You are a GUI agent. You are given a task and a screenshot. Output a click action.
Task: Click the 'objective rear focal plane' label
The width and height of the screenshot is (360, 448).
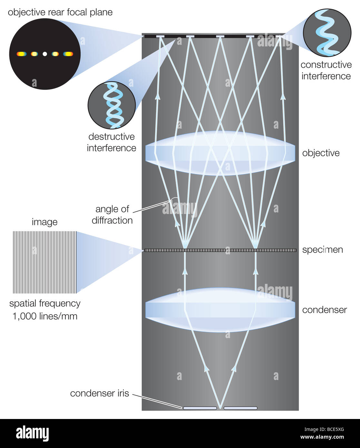pos(60,13)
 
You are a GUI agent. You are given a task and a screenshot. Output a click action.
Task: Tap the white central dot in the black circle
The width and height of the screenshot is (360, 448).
pos(45,54)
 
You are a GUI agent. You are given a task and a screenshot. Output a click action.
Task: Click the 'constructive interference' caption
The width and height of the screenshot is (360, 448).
pos(326,70)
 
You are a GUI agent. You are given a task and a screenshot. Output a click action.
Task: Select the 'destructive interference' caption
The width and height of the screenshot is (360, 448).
pos(112,142)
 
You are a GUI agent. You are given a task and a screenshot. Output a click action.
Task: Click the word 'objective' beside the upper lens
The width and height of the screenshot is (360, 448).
pos(321,153)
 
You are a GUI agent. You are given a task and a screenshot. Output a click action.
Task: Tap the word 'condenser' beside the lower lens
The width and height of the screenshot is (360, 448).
pos(324,310)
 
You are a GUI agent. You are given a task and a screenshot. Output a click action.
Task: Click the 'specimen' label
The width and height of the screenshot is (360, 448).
pos(322,250)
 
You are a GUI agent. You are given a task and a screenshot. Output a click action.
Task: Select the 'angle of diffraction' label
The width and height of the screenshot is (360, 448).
pos(112,215)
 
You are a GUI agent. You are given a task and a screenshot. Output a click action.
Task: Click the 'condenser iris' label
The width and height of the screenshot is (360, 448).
pos(99,393)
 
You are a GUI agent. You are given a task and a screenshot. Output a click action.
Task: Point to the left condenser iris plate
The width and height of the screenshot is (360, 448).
pos(200,408)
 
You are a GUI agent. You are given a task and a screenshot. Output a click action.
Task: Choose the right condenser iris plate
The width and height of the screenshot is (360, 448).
pos(240,408)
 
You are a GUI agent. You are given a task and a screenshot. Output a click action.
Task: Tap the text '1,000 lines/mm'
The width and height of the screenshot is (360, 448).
pos(45,316)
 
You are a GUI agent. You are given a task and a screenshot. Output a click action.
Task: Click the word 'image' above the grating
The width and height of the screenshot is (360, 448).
pos(45,222)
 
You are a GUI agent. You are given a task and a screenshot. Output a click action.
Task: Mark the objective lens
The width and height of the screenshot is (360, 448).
pos(220,153)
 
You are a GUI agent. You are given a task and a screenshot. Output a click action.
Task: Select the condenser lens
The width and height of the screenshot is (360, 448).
pos(220,310)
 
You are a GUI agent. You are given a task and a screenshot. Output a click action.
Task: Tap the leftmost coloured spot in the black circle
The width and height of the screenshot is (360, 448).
pos(21,54)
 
